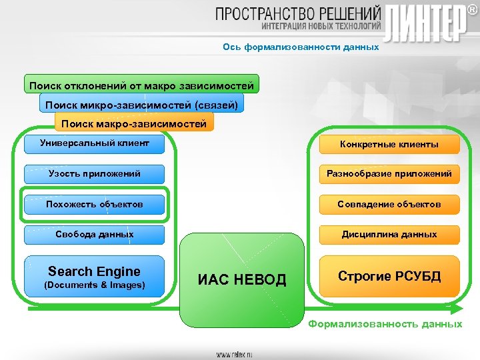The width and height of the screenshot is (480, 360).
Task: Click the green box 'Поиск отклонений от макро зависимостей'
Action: (141, 85)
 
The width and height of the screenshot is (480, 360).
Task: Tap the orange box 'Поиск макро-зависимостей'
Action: (133, 123)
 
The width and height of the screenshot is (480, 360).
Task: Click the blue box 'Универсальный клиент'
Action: (94, 143)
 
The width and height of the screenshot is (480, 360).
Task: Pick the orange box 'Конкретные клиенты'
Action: (389, 144)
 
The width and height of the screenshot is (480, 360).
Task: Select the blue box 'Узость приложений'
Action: (94, 174)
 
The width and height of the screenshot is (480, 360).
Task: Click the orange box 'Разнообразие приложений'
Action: (389, 174)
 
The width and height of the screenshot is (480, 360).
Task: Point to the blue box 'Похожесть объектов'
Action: (94, 204)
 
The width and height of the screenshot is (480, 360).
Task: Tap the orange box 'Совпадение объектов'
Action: (389, 204)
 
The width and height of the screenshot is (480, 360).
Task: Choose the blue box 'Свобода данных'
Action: (94, 235)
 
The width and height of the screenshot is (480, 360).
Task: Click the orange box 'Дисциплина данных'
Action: (389, 235)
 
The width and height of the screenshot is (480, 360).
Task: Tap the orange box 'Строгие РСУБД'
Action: (389, 276)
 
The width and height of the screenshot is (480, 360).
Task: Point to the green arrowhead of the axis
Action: (456, 309)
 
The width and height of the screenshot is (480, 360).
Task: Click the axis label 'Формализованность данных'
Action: (385, 324)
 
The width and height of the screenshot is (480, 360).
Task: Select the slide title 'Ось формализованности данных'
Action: (301, 47)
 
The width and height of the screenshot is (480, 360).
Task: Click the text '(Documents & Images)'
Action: (94, 285)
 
